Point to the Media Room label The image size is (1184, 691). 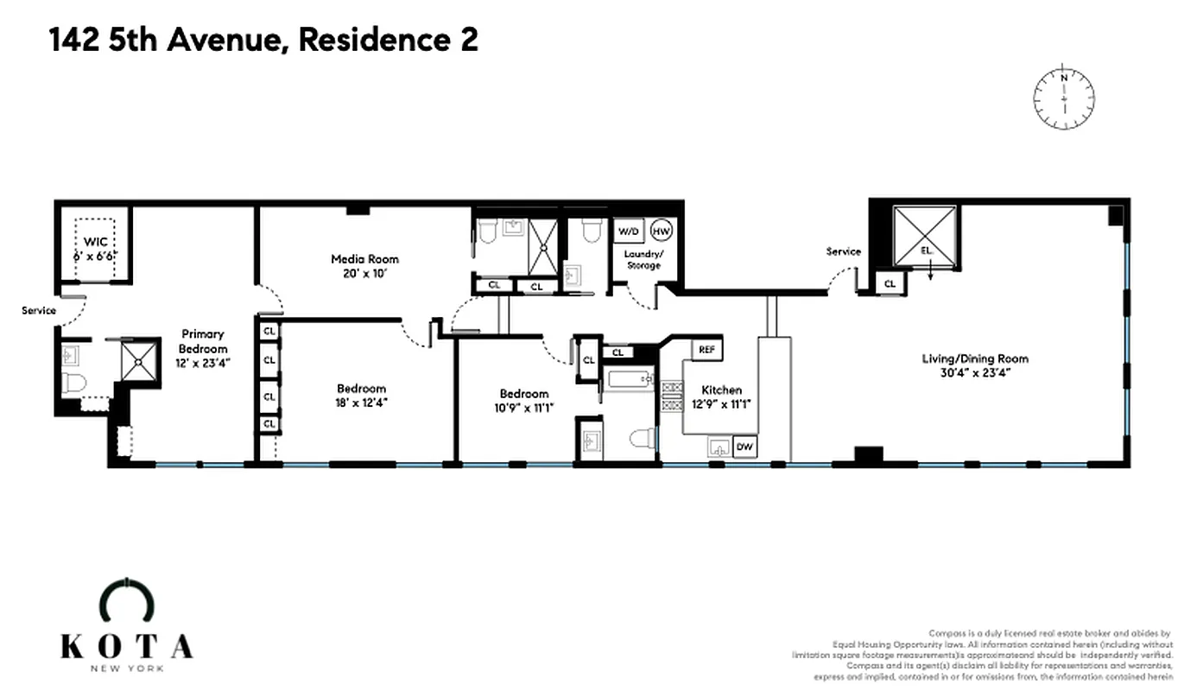365,266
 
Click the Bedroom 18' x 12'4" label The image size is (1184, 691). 361,396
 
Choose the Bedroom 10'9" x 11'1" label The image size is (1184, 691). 523,401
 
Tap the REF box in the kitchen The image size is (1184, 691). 706,350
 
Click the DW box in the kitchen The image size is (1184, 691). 743,447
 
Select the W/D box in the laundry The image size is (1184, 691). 626,231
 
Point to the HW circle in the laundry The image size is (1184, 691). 661,231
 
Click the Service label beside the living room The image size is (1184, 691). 843,251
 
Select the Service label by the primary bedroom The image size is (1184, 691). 39,310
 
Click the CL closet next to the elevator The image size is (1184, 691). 890,283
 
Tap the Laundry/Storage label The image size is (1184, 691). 643,259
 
